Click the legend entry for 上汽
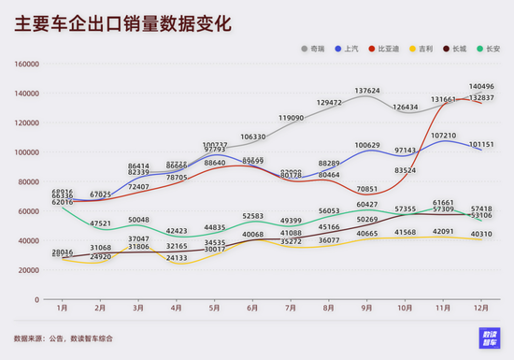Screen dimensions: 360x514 (349, 47)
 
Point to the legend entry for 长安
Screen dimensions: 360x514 (493, 47)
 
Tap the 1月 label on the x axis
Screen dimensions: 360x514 (62, 307)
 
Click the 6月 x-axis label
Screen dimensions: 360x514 (253, 307)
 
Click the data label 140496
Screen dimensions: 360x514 (482, 87)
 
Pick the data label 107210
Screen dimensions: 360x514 (444, 136)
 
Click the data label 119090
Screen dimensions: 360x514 (291, 118)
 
